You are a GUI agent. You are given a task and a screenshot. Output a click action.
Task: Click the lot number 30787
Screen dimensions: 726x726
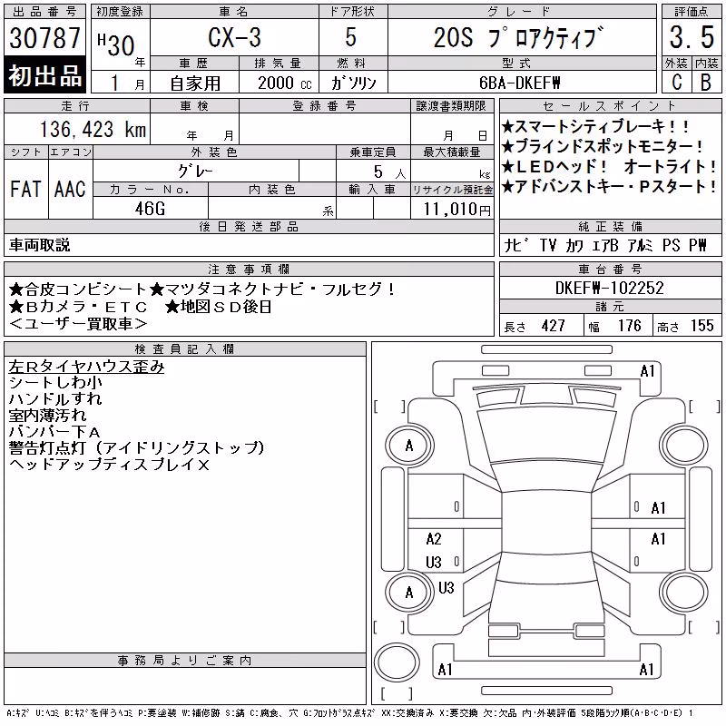[x=44, y=37]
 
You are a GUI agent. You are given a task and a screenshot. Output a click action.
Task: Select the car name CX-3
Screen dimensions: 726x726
[x=234, y=37]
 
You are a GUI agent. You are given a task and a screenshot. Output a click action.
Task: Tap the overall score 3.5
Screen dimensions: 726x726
[x=692, y=37]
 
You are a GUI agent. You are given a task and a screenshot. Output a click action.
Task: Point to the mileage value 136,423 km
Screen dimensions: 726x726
[x=93, y=129]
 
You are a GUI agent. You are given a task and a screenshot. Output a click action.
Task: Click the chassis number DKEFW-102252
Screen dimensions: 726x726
[x=609, y=288]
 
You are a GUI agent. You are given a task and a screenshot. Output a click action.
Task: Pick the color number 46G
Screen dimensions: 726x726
[x=150, y=209]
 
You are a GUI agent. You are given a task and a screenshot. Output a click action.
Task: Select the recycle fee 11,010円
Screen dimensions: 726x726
[x=456, y=210]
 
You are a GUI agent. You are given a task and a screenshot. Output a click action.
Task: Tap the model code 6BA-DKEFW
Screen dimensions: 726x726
[x=519, y=83]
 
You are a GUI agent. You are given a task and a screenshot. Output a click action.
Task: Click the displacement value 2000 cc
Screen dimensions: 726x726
[x=285, y=83]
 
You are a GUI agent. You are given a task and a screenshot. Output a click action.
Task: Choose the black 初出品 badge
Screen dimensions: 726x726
[x=44, y=75]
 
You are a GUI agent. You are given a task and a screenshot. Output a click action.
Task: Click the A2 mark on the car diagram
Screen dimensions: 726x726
[x=434, y=539]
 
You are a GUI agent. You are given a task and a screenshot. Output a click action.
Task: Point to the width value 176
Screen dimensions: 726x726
[x=629, y=326]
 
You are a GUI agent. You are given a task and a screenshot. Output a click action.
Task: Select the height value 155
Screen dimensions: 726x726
[x=701, y=326]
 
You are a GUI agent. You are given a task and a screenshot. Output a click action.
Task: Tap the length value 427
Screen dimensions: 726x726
[x=553, y=326]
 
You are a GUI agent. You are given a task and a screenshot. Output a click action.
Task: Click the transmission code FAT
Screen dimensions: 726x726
[x=25, y=189]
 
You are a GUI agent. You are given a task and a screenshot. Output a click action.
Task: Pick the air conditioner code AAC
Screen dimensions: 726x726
[x=70, y=189]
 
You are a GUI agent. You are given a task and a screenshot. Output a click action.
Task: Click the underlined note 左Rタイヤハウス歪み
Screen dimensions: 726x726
[x=86, y=367]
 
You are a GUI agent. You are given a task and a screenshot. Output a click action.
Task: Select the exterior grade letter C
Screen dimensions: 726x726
[x=676, y=82]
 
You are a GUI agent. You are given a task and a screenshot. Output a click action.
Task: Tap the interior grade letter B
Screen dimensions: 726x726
[x=706, y=82]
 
